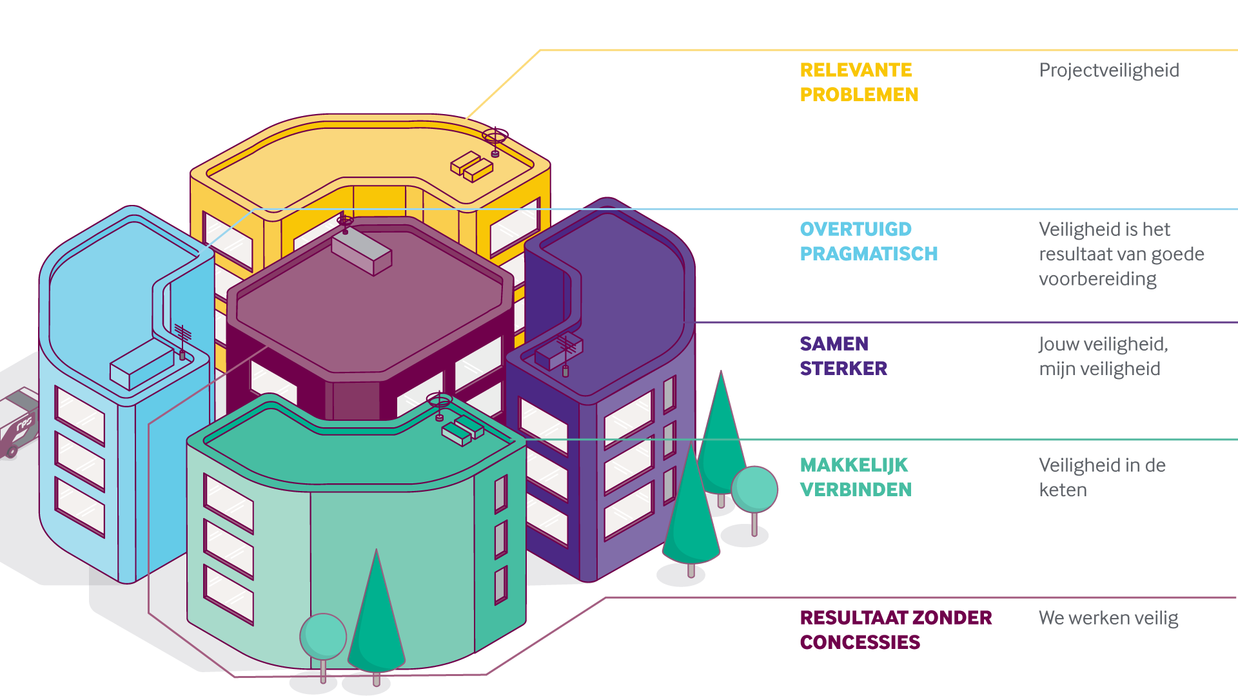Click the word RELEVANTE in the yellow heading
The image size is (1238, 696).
coord(856,70)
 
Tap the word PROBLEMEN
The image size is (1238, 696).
coord(859,94)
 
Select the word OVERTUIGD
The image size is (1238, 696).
coord(856,229)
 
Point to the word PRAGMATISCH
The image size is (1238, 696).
coord(869,253)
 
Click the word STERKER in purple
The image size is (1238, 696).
coord(843,368)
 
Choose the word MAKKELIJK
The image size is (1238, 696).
coord(854,465)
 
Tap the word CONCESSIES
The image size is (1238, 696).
coord(860,642)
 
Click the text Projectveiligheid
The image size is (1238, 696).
coord(1109,70)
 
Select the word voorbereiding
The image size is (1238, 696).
coord(1097,278)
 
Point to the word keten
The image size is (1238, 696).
coord(1063,490)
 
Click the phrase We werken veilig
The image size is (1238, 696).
coord(1108,617)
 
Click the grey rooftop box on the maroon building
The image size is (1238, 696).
coord(361,253)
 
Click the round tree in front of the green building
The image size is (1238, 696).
coord(323,638)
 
